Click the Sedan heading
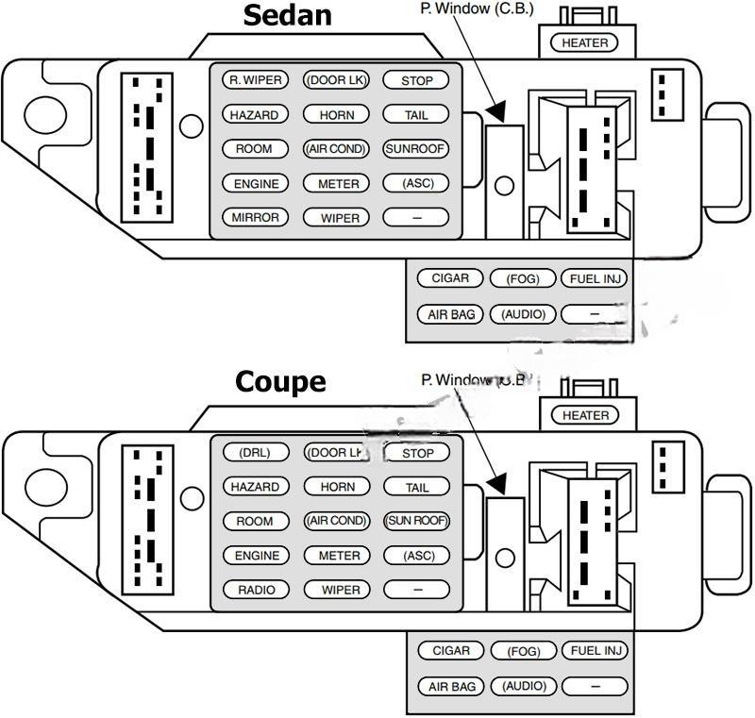pyautogui.click(x=288, y=16)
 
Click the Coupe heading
pyautogui.click(x=280, y=382)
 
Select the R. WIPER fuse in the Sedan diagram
pyautogui.click(x=255, y=80)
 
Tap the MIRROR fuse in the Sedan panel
pyautogui.click(x=255, y=217)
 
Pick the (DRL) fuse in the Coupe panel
pyautogui.click(x=255, y=453)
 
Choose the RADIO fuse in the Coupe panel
pyautogui.click(x=256, y=590)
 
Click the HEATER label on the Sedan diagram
pyautogui.click(x=585, y=42)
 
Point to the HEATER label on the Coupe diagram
pyautogui.click(x=585, y=415)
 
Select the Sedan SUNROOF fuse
pyautogui.click(x=415, y=149)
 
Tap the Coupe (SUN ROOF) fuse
pyautogui.click(x=416, y=521)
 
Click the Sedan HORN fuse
pyautogui.click(x=337, y=115)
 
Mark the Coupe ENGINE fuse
pyautogui.click(x=256, y=556)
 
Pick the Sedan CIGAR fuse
pyautogui.click(x=449, y=278)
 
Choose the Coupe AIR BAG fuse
pyautogui.click(x=451, y=687)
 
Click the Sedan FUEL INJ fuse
pyautogui.click(x=595, y=278)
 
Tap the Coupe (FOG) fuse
pyautogui.click(x=523, y=651)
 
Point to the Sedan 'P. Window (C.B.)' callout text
pyautogui.click(x=477, y=8)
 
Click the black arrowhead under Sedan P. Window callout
pyautogui.click(x=496, y=111)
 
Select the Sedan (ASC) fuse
pyautogui.click(x=416, y=183)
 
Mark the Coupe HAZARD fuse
pyautogui.click(x=256, y=487)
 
